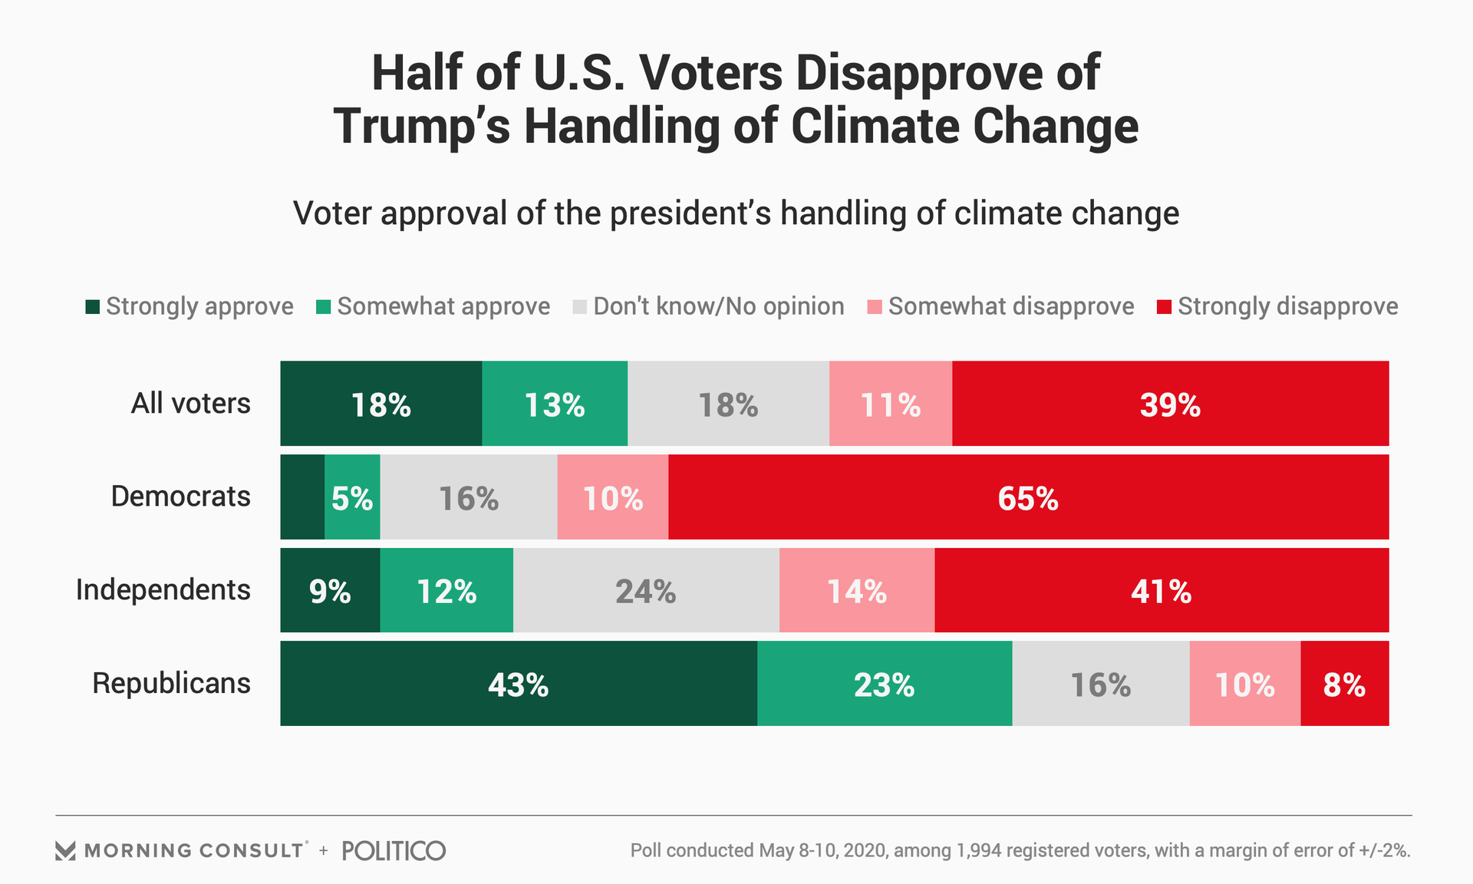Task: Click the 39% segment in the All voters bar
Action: pos(1170,404)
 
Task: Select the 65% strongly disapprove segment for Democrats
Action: pos(1028,497)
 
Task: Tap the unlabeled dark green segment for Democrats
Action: pos(302,497)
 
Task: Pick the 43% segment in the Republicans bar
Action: pos(519,684)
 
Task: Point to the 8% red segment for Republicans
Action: pos(1344,684)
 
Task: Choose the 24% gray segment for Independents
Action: pos(646,591)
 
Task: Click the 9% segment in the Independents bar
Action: pos(330,591)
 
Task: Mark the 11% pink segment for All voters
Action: pos(890,404)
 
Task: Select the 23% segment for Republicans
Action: pos(884,684)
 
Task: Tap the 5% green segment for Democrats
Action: pos(352,497)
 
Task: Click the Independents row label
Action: pos(163,590)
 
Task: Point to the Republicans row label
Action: pos(171,683)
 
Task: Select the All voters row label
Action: pos(190,403)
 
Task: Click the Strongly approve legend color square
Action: pos(93,307)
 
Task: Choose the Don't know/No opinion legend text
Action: pos(718,306)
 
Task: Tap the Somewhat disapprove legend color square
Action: pos(875,307)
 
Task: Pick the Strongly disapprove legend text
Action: pos(1287,306)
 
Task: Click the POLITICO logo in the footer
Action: pos(394,850)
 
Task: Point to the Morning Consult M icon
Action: pos(65,850)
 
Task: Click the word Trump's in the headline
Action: pos(422,126)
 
